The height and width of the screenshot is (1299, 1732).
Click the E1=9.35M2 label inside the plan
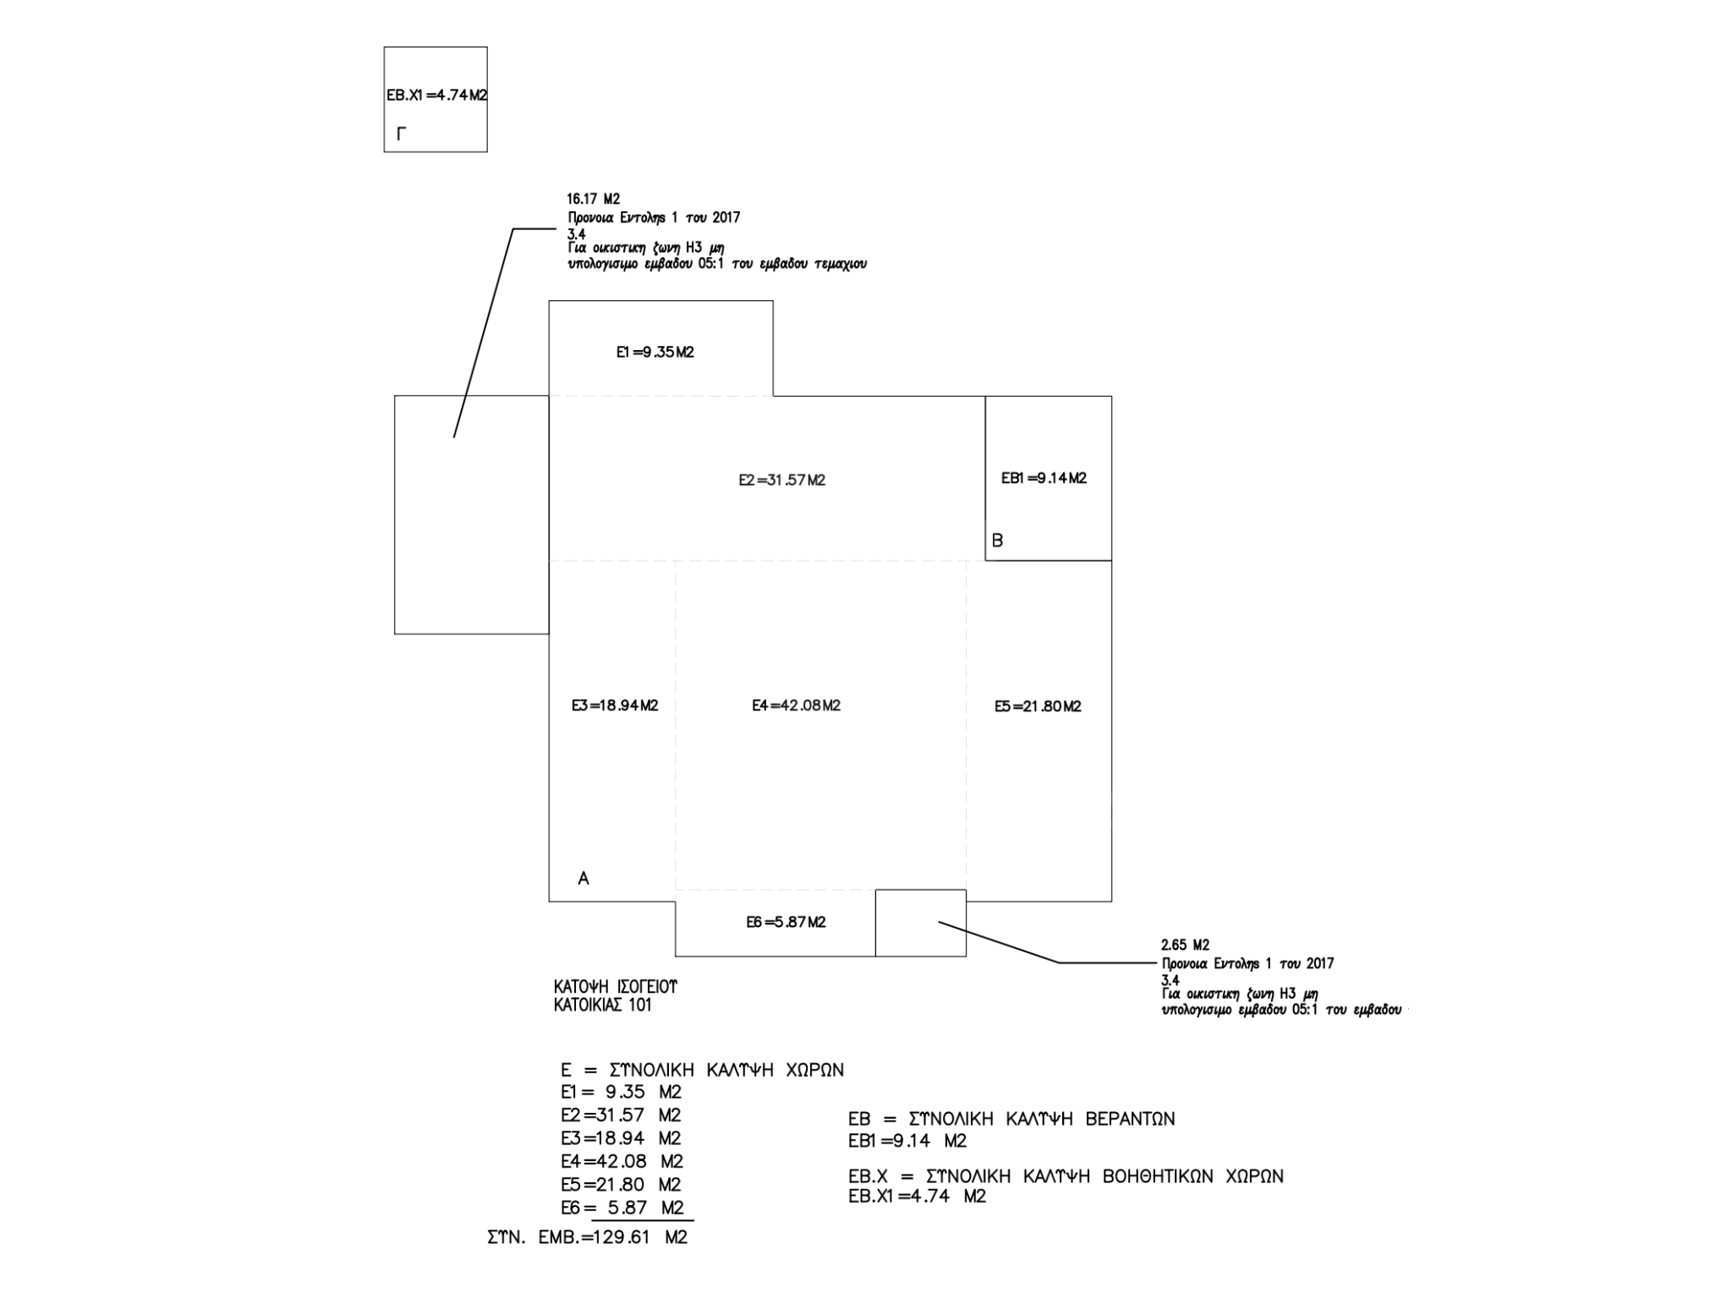(x=655, y=352)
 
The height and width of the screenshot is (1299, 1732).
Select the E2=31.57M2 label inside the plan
(x=781, y=480)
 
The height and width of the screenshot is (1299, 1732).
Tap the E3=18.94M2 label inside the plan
(x=615, y=705)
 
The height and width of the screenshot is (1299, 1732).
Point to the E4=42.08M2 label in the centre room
(x=796, y=705)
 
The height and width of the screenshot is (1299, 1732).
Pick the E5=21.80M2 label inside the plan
(x=1038, y=706)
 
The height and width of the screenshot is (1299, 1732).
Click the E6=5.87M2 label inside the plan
(x=786, y=922)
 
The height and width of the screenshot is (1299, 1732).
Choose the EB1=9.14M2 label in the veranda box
(x=1044, y=478)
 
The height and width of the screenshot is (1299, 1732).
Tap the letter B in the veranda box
(x=997, y=540)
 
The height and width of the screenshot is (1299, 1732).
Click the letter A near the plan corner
(x=584, y=879)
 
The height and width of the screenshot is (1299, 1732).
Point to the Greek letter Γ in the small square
(x=401, y=134)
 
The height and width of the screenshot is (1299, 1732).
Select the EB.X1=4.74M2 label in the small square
(x=436, y=95)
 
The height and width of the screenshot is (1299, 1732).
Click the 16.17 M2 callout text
(x=593, y=200)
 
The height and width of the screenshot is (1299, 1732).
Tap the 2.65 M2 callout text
(x=1185, y=945)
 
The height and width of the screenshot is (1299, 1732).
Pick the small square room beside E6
(x=920, y=923)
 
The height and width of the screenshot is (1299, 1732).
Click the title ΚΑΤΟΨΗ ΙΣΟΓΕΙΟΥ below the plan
(x=615, y=987)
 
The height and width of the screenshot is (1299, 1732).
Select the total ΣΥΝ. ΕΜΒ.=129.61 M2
(x=588, y=1237)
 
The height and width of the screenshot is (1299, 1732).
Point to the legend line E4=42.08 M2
(x=622, y=1161)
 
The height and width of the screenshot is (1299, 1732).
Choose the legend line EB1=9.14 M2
(x=907, y=1141)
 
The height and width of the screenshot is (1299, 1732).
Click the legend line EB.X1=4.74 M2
(x=917, y=1197)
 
